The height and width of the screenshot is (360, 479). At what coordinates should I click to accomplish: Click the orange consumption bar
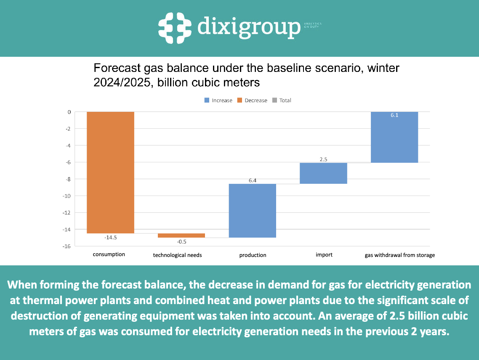click(x=110, y=172)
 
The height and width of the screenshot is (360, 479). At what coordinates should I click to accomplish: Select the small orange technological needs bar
click(x=181, y=236)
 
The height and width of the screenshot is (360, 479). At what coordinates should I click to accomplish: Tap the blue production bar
click(x=252, y=211)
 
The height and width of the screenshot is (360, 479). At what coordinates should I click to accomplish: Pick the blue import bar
click(x=323, y=173)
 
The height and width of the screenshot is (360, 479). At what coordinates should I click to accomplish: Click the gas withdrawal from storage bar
click(x=394, y=137)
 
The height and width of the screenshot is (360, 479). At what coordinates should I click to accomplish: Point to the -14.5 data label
click(x=110, y=238)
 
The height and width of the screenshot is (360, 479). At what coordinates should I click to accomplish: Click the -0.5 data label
click(x=181, y=242)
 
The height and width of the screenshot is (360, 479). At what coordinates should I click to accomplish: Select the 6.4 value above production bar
click(x=252, y=180)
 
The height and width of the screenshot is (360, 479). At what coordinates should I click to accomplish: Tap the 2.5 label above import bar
click(x=323, y=159)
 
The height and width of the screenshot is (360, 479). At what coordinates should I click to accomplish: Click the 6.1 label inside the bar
click(x=394, y=115)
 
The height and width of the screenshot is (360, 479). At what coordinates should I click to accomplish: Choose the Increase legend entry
click(x=218, y=101)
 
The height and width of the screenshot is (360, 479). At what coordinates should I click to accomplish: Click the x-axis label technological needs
click(x=177, y=255)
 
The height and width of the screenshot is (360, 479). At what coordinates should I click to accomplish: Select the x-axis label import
click(x=324, y=254)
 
